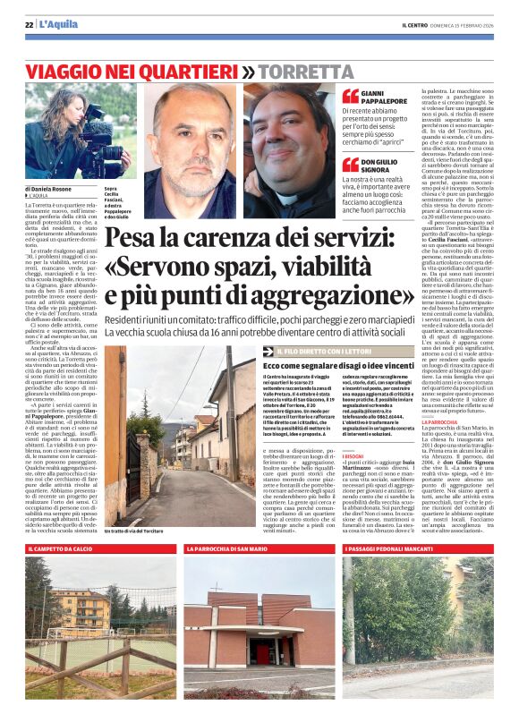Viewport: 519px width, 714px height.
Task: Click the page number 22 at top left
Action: click(x=29, y=24)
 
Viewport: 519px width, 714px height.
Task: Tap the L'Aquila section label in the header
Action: click(x=55, y=24)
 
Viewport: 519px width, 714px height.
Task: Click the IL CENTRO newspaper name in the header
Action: click(x=418, y=24)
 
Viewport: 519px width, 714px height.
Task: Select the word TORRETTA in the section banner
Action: click(x=302, y=70)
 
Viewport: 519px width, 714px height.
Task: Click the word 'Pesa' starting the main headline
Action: click(x=134, y=237)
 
